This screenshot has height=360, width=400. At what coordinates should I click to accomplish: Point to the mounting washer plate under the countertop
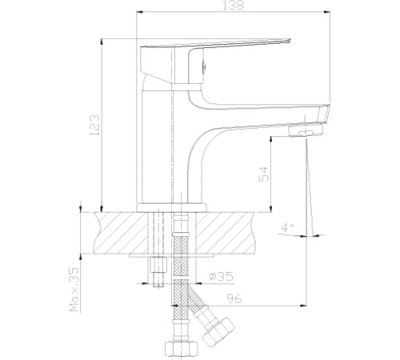(173, 258)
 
